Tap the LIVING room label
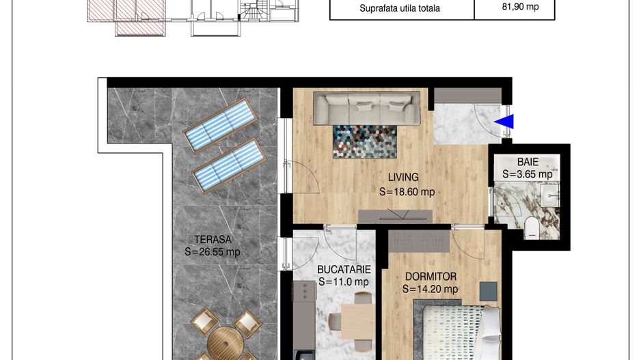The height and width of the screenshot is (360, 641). click(403, 178)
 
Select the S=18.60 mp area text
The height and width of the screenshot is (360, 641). click(407, 192)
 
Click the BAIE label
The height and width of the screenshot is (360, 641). click(528, 162)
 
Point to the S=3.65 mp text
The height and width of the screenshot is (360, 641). click(528, 174)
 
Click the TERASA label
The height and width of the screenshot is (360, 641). click(213, 240)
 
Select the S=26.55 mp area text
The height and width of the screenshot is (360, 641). click(212, 251)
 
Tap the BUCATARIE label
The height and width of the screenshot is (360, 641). click(344, 270)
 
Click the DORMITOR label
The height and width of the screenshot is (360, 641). click(431, 277)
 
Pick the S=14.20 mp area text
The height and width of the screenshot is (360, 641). click(430, 290)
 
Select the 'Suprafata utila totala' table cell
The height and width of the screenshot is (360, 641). click(399, 8)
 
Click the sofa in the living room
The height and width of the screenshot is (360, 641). click(367, 109)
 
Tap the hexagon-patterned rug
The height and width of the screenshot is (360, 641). click(365, 141)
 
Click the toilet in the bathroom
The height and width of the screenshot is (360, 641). click(532, 227)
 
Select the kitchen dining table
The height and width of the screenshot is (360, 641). click(358, 322)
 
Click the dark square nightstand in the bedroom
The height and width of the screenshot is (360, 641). click(489, 290)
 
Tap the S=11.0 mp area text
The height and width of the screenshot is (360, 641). click(344, 282)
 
